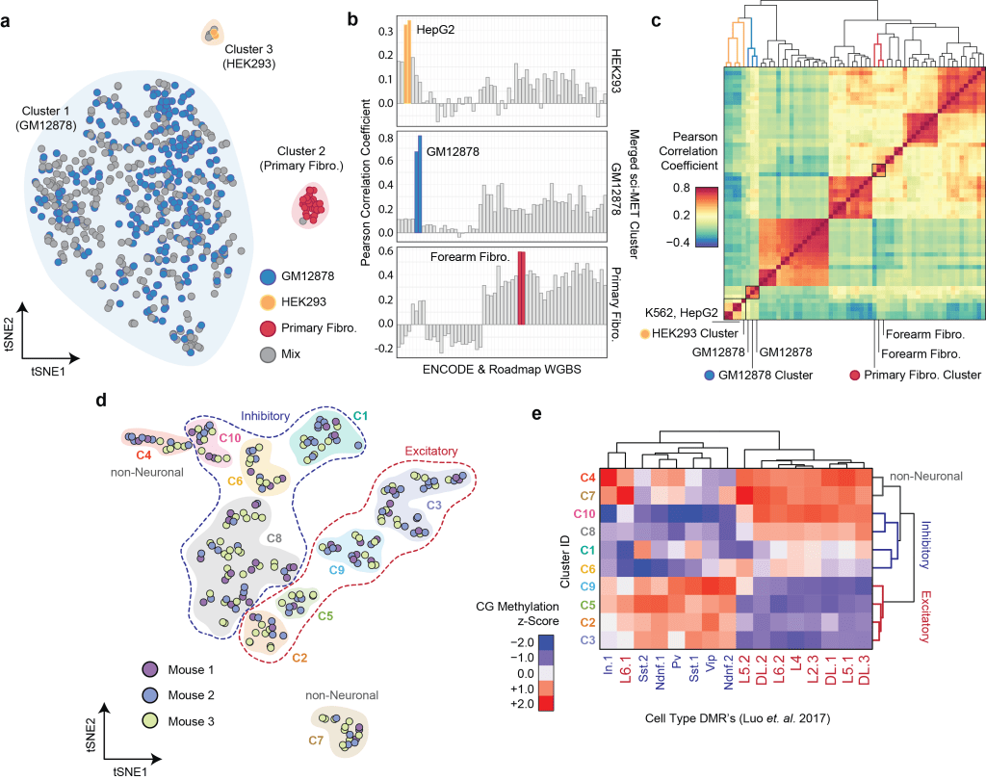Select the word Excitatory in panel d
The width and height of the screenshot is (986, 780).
coord(429,452)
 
